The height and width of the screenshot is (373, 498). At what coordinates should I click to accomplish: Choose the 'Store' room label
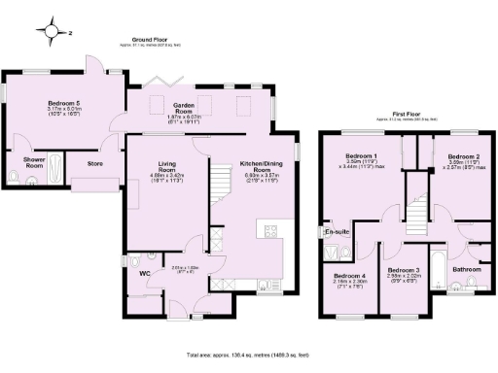coord(94,164)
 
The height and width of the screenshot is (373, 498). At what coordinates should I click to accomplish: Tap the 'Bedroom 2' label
coord(460,156)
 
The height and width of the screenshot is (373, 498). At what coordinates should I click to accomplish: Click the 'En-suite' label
coord(337,232)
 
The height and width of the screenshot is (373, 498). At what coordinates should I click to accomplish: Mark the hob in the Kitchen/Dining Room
coord(269,230)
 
